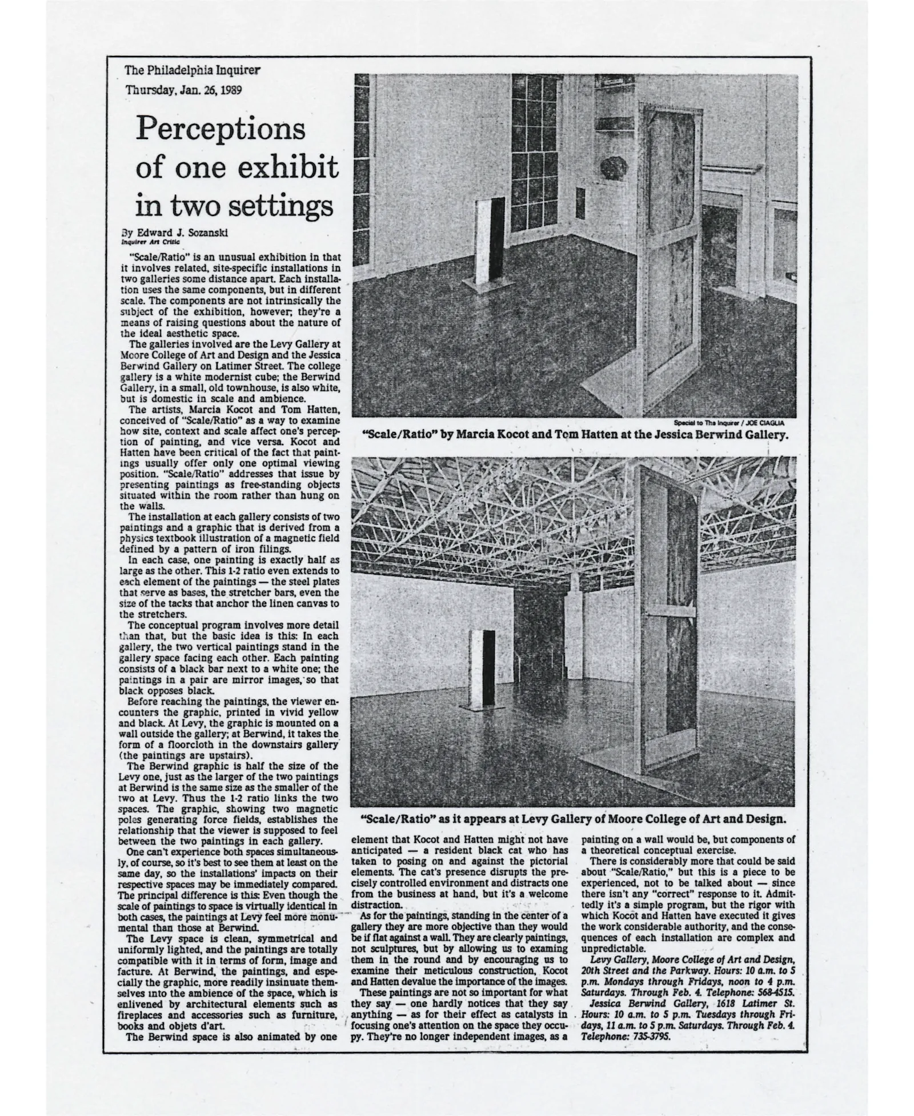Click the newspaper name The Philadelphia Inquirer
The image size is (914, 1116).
(x=193, y=71)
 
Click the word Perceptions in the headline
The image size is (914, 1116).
(x=221, y=130)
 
